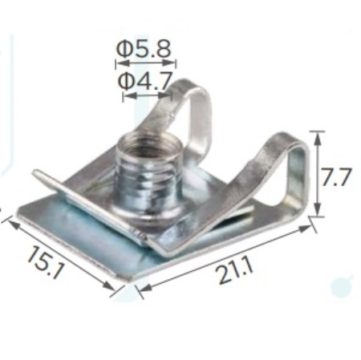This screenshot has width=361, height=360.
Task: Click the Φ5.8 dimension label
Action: (144, 49)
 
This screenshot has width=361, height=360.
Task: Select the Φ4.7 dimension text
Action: (144, 81)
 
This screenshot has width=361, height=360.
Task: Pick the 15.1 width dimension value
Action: (46, 262)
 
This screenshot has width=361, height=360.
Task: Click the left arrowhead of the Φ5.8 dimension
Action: (123, 63)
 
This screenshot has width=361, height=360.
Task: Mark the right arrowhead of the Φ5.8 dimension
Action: (169, 63)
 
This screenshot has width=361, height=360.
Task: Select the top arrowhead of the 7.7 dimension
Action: (317, 139)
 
